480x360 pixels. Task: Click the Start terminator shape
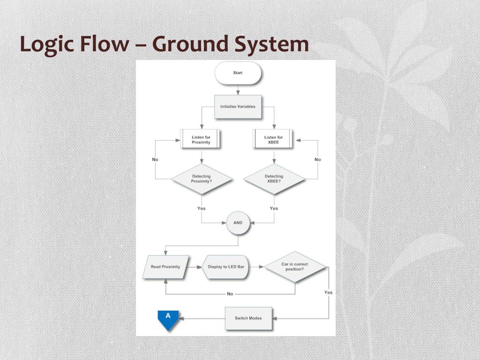(x=238, y=73)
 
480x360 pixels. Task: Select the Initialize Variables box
(x=238, y=106)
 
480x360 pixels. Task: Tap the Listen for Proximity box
(x=201, y=140)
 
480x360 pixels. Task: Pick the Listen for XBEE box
(x=274, y=140)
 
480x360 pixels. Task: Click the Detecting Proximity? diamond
(x=202, y=179)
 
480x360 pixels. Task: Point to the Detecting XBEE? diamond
(x=274, y=179)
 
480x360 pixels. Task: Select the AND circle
(x=238, y=223)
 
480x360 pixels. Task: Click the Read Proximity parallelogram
(x=165, y=267)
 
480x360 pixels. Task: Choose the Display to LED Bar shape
(x=226, y=267)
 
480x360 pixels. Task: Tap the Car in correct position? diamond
(x=295, y=267)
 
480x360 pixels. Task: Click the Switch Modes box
(x=248, y=318)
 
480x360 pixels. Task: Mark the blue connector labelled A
(x=168, y=319)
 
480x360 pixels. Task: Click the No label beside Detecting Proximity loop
(x=155, y=159)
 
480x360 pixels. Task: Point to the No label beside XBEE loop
(x=318, y=159)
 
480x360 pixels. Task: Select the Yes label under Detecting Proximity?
(x=202, y=209)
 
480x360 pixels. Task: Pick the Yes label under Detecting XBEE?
(x=274, y=209)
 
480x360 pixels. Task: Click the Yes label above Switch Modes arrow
(x=328, y=292)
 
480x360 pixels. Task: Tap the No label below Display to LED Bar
(x=230, y=294)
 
